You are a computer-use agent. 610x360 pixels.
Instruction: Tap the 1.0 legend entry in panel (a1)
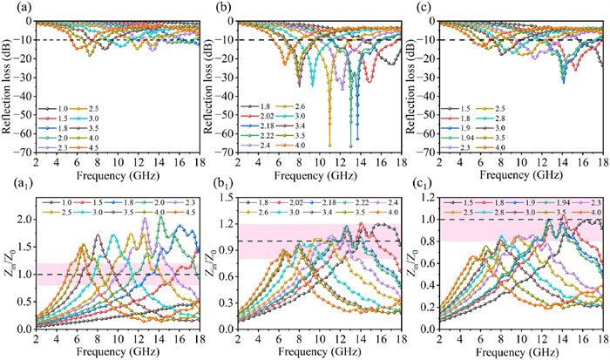73,204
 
